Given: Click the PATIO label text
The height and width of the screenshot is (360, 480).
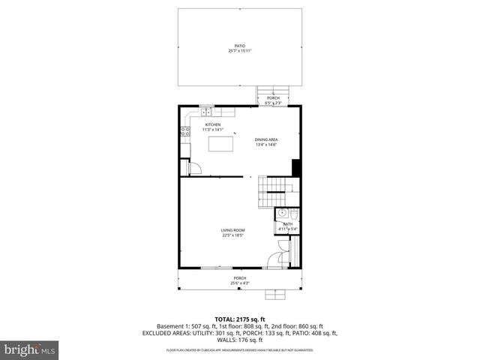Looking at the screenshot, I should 240,46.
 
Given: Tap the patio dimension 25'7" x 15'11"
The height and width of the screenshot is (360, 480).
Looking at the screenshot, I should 240,51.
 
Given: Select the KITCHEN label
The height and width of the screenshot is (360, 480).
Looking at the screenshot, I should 213,124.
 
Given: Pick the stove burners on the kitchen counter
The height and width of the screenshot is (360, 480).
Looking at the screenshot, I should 184,132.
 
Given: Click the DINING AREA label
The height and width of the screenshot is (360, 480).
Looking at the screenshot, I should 266,139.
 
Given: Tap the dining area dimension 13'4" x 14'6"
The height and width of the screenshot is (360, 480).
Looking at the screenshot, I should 266,145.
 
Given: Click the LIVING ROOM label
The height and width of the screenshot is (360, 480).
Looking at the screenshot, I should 232,230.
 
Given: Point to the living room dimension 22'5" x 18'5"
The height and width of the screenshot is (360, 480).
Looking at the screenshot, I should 232,235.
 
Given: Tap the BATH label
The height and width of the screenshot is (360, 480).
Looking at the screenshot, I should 287,224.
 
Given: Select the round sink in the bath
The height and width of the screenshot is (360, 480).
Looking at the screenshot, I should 279,213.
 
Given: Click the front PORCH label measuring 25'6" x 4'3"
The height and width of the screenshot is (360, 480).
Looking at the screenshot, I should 240,278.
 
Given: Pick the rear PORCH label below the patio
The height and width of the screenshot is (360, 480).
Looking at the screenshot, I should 273,97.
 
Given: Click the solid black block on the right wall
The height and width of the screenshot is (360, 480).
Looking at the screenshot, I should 296,168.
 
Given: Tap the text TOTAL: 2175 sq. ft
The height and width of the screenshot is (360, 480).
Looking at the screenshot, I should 240,318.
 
